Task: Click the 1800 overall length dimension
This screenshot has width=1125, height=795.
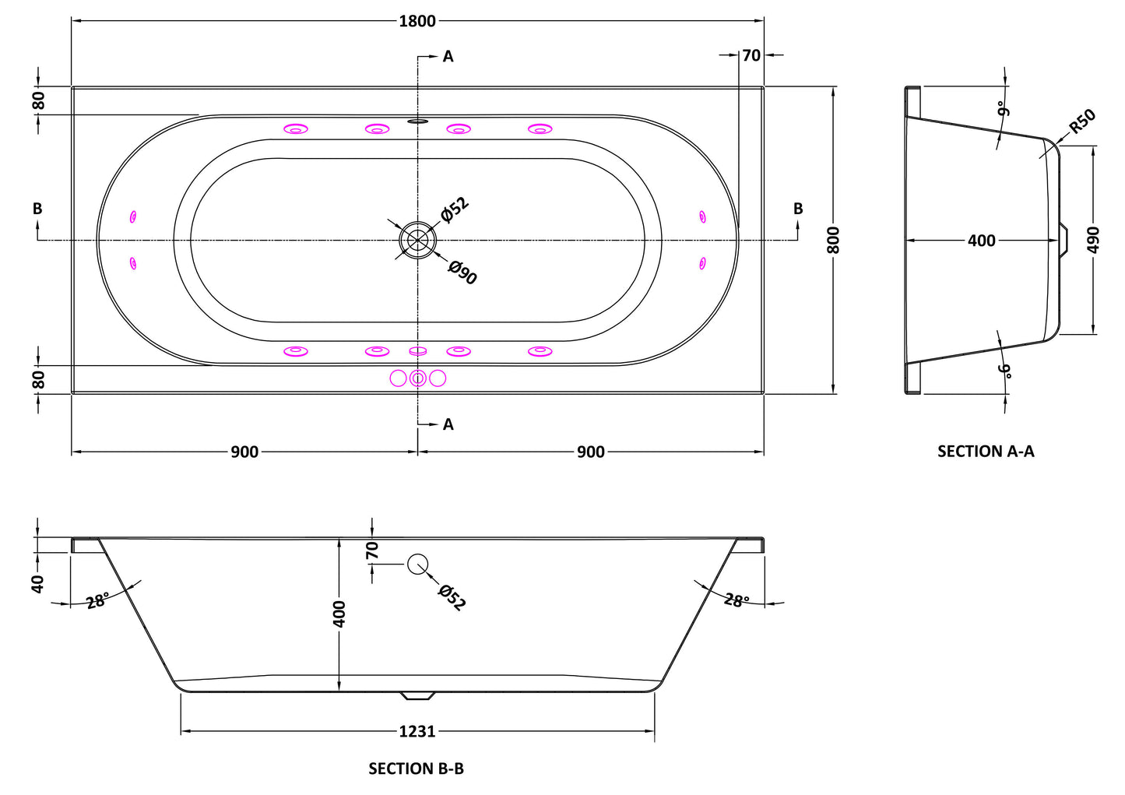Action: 417,21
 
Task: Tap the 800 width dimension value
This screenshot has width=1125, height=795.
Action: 833,240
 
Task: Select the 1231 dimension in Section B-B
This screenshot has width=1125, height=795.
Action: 417,731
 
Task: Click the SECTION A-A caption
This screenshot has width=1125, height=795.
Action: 986,451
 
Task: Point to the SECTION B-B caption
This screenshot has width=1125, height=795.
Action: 417,769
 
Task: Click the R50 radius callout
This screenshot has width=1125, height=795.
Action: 1082,121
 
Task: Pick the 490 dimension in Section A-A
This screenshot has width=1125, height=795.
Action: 1094,240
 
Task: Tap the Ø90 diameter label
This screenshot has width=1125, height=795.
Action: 462,273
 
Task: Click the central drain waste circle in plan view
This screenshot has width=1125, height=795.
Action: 418,240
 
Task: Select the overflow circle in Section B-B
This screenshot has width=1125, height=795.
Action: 417,564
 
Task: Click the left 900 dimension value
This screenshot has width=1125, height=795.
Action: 244,452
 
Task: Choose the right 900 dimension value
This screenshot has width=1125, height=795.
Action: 591,452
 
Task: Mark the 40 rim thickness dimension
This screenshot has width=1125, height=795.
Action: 37,583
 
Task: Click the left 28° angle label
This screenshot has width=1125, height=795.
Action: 97,600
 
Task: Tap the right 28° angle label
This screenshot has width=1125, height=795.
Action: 737,600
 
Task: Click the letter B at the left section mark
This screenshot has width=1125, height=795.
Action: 37,209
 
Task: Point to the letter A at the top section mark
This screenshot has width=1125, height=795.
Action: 448,56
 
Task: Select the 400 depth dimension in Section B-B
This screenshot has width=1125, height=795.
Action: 339,614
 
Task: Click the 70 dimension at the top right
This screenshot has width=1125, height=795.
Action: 751,55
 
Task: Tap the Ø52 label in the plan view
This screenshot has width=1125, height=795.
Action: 455,209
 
